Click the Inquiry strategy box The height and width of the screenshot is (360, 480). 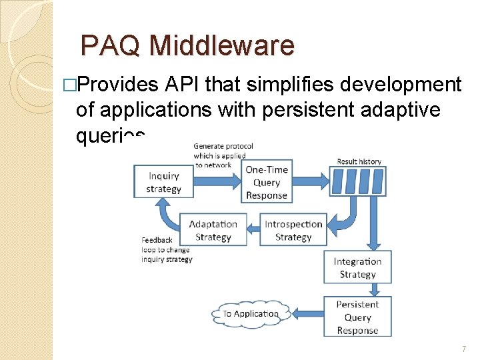[164, 182]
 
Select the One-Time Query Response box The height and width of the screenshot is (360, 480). [267, 183]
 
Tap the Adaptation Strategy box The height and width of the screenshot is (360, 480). [213, 231]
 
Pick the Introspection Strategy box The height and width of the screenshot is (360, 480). [293, 231]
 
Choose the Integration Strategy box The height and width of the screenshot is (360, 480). [357, 268]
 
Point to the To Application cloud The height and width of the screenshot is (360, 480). [251, 313]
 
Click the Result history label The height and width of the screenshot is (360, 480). [359, 161]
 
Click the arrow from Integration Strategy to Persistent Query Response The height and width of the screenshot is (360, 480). [375, 289]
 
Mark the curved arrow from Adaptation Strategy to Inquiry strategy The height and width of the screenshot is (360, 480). [169, 217]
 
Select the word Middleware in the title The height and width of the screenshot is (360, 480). [222, 45]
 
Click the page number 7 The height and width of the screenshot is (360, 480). [464, 349]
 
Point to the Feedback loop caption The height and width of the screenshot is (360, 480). [165, 249]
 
